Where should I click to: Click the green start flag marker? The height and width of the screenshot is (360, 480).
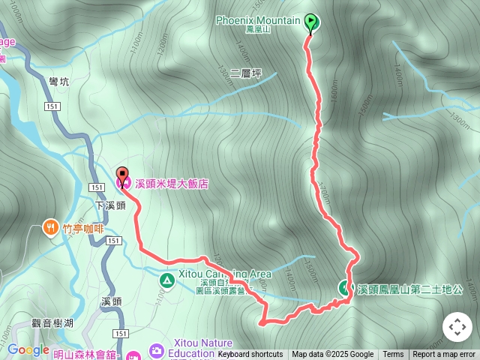click(x=311, y=23)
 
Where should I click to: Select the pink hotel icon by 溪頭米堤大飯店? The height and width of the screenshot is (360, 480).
click(x=122, y=182)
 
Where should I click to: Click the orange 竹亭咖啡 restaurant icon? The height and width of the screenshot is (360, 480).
click(x=50, y=226)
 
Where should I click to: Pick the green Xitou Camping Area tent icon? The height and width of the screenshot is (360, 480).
click(x=166, y=280)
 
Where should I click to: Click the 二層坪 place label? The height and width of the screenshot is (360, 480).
click(x=246, y=73)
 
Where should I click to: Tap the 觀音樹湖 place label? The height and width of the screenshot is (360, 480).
click(x=52, y=322)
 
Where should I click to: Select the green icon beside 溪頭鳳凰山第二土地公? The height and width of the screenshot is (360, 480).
click(x=345, y=286)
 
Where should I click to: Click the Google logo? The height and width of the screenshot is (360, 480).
click(x=28, y=349)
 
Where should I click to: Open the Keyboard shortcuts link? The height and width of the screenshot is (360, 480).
click(x=250, y=355)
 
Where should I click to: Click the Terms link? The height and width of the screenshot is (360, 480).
click(x=393, y=355)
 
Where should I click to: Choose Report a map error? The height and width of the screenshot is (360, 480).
click(x=444, y=355)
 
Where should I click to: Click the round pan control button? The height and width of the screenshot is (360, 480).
click(x=457, y=327)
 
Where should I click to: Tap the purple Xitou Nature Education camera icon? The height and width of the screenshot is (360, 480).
click(x=156, y=350)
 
